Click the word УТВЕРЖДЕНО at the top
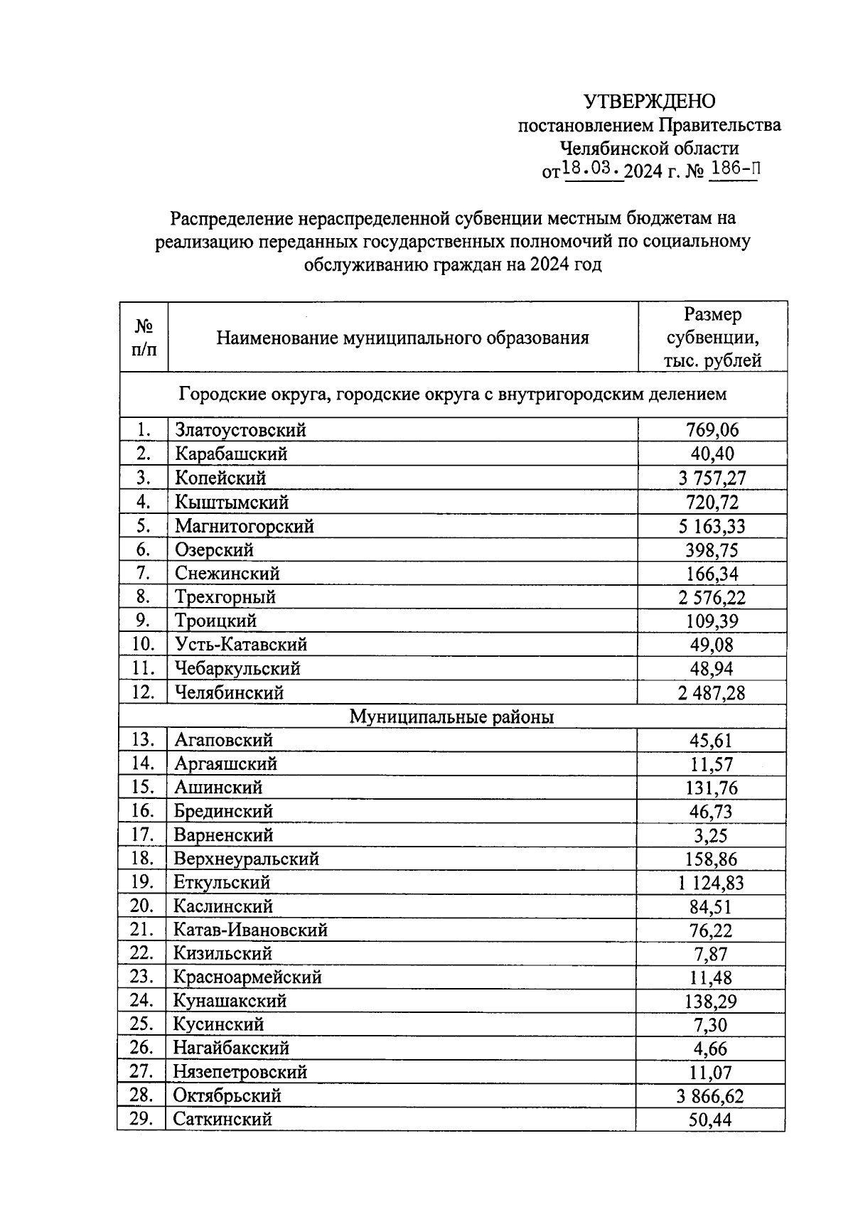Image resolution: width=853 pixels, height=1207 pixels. [x=649, y=102]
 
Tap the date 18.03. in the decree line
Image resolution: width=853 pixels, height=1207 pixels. [x=592, y=169]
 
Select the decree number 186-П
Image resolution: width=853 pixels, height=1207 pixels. [x=733, y=169]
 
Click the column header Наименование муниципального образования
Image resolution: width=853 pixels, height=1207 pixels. [x=402, y=338]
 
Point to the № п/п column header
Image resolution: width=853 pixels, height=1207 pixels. [x=144, y=337]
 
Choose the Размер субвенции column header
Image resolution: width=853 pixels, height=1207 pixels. [x=712, y=337]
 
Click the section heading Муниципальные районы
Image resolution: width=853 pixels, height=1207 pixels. [x=451, y=717]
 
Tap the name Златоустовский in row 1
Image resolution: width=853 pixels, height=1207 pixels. [x=240, y=430]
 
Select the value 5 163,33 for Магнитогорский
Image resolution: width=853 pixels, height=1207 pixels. [x=712, y=527]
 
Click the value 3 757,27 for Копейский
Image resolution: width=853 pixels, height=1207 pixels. [x=712, y=478]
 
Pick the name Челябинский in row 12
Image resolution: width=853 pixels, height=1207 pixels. [x=229, y=692]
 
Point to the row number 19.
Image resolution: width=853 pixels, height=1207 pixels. [x=142, y=882]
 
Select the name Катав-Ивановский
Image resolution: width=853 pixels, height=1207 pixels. [x=250, y=930]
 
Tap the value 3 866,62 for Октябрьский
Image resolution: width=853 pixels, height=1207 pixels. [x=711, y=1096]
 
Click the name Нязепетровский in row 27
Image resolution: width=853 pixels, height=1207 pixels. [x=240, y=1072]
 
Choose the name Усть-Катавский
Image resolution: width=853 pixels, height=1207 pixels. [x=241, y=645]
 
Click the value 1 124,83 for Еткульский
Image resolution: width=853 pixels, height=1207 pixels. [x=711, y=883]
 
